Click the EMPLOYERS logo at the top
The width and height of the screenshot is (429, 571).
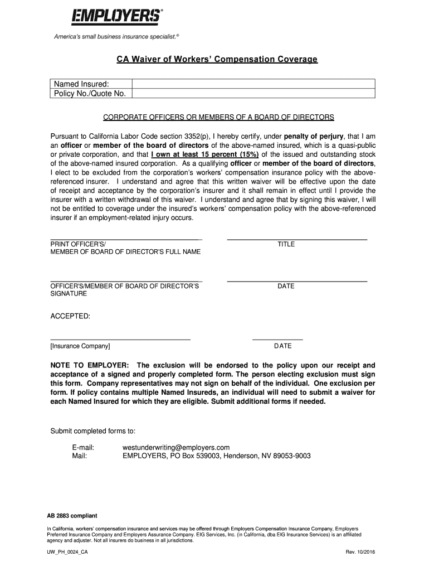click(116, 16)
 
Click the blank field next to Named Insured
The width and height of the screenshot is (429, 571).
click(252, 84)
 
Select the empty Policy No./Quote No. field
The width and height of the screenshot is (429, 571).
click(252, 93)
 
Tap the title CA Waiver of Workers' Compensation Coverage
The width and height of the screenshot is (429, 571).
click(216, 59)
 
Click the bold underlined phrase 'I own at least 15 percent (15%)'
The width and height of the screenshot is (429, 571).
click(205, 154)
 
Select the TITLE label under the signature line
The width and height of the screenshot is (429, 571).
click(286, 244)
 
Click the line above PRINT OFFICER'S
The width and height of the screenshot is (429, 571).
click(126, 240)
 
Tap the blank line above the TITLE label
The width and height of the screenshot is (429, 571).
click(297, 239)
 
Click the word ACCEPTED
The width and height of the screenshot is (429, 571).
click(70, 317)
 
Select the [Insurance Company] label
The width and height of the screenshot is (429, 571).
click(80, 346)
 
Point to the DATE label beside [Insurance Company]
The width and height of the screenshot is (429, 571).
click(282, 346)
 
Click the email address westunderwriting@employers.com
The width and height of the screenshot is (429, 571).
click(176, 447)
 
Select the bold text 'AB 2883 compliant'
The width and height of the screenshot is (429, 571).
click(72, 515)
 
